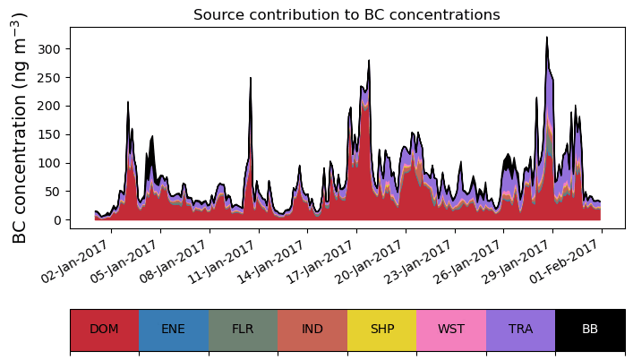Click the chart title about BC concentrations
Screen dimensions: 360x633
click(x=346, y=14)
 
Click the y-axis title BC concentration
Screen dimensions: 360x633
click(x=20, y=128)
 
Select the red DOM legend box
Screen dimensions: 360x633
click(x=104, y=330)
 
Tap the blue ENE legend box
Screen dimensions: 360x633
click(x=174, y=330)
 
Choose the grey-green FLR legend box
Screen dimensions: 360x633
click(x=243, y=330)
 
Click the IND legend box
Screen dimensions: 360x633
click(x=312, y=330)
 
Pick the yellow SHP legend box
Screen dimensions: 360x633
click(x=381, y=330)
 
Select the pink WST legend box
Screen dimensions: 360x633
click(x=451, y=330)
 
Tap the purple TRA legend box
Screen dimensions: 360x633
click(x=520, y=330)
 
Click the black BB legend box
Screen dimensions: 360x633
click(x=590, y=330)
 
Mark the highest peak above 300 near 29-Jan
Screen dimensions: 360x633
click(x=546, y=38)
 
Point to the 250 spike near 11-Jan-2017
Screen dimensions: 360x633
click(x=251, y=78)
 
